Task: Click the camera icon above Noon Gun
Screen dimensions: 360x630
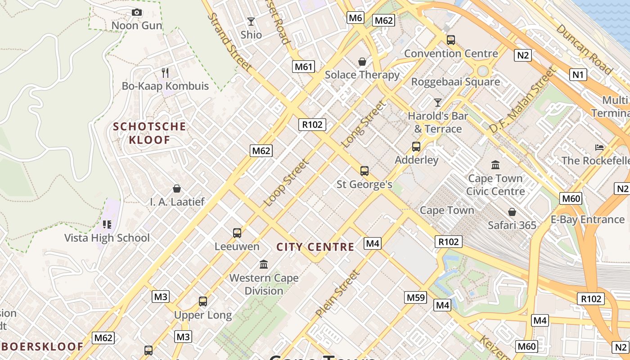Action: pos(137,13)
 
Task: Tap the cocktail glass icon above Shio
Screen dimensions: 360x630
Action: pos(251,22)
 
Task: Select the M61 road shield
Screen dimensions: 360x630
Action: pos(303,67)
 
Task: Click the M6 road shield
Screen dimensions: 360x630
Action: pos(355,18)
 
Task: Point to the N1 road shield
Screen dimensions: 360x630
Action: pos(578,74)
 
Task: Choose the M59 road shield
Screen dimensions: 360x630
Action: pos(415,297)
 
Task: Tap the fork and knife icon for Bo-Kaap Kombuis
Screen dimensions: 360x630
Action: pos(165,72)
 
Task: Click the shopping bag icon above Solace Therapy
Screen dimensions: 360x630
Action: pos(362,61)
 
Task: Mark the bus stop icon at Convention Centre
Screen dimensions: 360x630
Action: pos(451,40)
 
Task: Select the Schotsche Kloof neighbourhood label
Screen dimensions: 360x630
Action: pos(149,133)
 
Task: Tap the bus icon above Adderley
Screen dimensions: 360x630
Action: pos(416,147)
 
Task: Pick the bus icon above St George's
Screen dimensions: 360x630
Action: pos(364,171)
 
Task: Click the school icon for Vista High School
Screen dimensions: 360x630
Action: pos(107,224)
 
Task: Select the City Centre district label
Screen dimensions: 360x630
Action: pos(315,247)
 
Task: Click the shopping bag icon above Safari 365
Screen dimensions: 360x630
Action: pos(512,211)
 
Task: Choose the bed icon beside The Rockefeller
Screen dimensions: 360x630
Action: pos(599,147)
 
